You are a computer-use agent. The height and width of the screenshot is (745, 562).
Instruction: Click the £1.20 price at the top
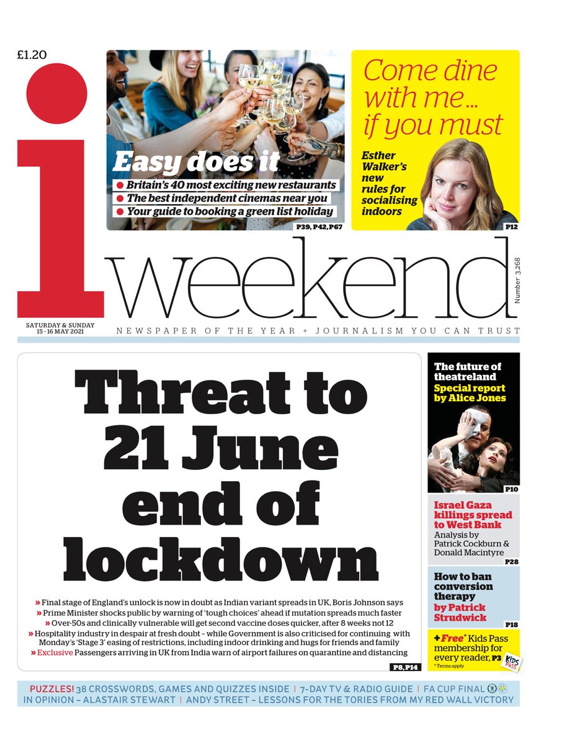pyautogui.click(x=31, y=55)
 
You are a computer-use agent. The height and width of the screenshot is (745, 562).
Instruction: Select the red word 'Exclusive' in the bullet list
pyautogui.click(x=55, y=652)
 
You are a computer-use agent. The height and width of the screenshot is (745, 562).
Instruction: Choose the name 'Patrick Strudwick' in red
pyautogui.click(x=460, y=613)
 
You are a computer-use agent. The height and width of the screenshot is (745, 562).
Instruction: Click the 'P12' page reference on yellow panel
pyautogui.click(x=511, y=227)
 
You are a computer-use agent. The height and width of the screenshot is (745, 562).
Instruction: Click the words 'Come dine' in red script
pyautogui.click(x=430, y=71)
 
